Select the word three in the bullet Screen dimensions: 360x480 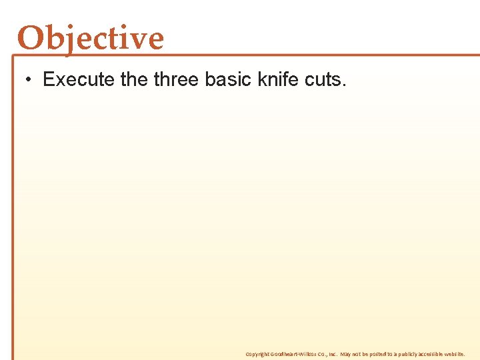[x=177, y=80]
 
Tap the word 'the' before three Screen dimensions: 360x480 [x=135, y=80]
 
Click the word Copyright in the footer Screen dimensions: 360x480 [x=257, y=354]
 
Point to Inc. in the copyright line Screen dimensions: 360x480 [x=331, y=354]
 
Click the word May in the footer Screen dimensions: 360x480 [x=346, y=354]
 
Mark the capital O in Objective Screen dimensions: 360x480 [x=31, y=38]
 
